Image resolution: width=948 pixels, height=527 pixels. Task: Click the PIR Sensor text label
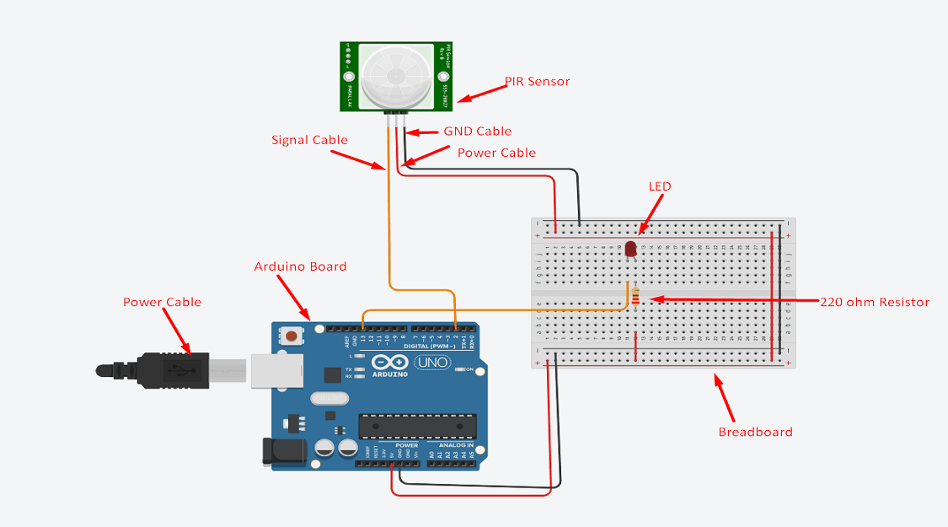[538, 82]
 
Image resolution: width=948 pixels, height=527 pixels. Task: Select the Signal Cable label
[309, 140]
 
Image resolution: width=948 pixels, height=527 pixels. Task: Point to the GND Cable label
[477, 132]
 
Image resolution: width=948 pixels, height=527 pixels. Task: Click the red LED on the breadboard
[630, 249]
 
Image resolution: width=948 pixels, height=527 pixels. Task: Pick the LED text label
[660, 186]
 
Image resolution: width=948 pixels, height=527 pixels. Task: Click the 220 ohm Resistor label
[874, 302]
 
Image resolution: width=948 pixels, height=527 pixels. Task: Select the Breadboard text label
[755, 432]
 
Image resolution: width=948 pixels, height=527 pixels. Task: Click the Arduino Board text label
[300, 266]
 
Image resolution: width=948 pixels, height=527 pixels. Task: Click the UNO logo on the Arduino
[432, 363]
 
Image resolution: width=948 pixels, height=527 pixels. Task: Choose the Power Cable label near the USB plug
[162, 302]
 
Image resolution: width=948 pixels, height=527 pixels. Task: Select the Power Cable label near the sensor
[496, 153]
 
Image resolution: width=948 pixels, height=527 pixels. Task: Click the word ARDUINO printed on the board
[388, 374]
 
